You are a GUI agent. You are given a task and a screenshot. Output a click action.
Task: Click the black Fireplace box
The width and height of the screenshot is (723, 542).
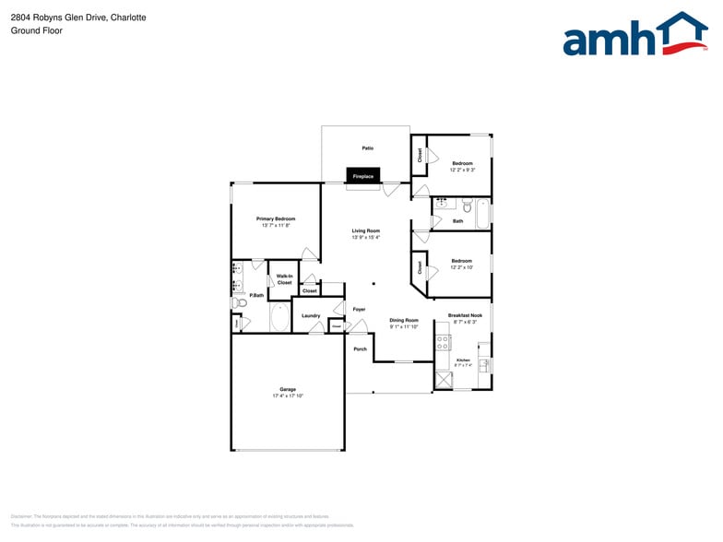[363, 175]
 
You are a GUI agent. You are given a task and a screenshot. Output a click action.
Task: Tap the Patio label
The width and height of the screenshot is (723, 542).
[367, 147]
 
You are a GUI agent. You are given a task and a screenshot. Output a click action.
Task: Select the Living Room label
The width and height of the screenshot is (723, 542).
[365, 230]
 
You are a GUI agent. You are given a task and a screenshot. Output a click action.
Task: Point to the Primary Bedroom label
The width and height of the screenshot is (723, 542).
[276, 218]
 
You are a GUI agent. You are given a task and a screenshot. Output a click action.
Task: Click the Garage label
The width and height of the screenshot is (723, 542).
[288, 389]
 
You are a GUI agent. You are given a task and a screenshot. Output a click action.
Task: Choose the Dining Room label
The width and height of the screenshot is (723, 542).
[404, 320]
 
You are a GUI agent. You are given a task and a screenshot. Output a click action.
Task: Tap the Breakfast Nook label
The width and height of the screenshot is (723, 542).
[465, 315]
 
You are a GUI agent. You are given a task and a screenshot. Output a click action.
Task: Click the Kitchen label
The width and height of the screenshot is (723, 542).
[463, 359]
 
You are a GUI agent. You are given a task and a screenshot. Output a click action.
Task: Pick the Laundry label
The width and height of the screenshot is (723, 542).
[311, 315]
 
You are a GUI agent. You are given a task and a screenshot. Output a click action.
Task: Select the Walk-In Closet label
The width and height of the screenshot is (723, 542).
[284, 279]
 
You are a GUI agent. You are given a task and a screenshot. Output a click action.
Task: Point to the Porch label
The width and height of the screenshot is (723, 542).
[361, 348]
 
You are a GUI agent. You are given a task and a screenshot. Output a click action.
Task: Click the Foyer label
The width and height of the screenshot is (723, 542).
[359, 309]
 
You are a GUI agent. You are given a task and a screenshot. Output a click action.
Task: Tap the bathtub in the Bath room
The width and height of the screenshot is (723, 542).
[481, 214]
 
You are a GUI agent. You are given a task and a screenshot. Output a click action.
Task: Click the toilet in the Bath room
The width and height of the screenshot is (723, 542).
[467, 204]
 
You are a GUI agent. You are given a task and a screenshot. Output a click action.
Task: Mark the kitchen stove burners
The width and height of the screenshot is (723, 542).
[444, 343]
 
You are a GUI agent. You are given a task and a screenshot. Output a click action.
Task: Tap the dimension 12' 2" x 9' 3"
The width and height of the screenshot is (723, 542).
[462, 170]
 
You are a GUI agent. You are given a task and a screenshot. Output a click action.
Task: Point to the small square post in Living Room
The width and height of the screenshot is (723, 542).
[373, 283]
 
